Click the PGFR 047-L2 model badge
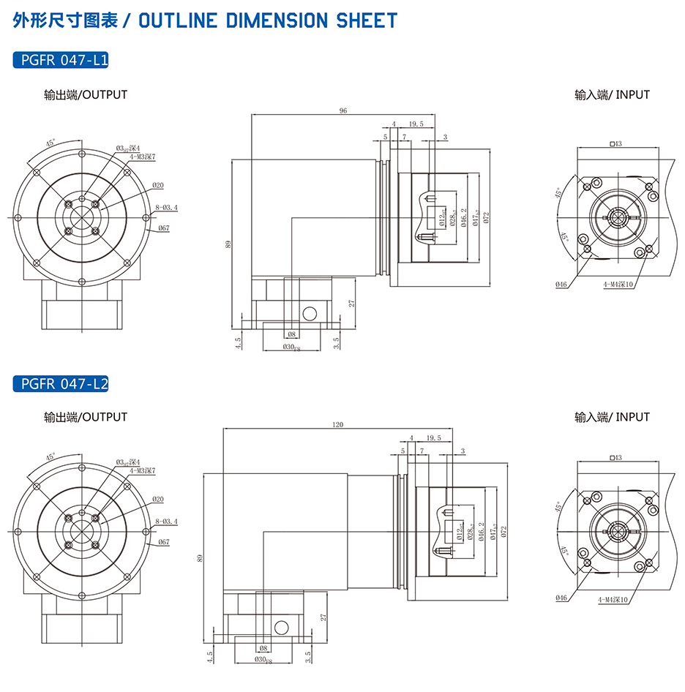61,383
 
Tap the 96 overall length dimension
342,110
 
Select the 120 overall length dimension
337,424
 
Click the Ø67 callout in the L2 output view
163,542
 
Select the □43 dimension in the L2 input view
615,458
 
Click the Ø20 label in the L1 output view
158,185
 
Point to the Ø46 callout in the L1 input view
561,284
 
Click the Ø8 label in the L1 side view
292,334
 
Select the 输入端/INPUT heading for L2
612,417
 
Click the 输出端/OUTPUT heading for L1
86,94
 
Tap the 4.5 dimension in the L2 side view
210,658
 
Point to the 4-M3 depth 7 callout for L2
143,471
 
